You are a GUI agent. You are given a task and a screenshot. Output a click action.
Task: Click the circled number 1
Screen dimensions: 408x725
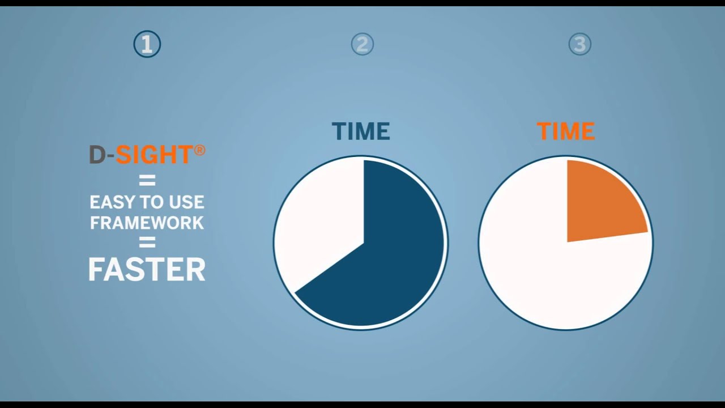[x=147, y=45]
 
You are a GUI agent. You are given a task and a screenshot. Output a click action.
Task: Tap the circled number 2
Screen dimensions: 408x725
[x=362, y=44]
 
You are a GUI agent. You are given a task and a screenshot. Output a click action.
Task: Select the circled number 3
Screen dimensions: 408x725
[x=579, y=44]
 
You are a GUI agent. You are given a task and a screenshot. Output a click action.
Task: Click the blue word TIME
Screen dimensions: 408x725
[x=361, y=131]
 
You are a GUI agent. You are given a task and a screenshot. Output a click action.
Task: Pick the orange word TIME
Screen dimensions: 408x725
[x=566, y=131]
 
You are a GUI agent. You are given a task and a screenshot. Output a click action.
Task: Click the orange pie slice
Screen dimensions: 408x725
[x=600, y=204]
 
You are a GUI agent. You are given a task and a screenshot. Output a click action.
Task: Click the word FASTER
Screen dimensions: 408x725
[x=147, y=270]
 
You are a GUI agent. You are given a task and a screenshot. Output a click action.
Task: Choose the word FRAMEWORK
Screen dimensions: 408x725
[x=147, y=223]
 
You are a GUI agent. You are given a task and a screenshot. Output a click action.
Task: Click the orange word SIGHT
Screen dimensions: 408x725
[x=154, y=155]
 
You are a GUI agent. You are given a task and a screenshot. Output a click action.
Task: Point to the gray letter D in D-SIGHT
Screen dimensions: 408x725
[x=97, y=155]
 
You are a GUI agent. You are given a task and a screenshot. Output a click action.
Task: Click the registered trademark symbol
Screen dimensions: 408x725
[x=199, y=150]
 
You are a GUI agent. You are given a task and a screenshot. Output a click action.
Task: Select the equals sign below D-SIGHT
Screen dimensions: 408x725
[x=147, y=181]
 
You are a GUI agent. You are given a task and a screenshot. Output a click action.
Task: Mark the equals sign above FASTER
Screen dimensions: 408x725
[x=147, y=243]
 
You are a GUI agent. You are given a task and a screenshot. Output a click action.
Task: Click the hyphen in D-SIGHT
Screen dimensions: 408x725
[x=111, y=156]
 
